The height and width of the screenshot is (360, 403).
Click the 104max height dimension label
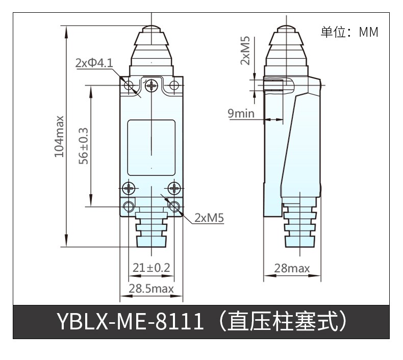pos(59,136)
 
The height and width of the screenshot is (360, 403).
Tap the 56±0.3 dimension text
pos(84,146)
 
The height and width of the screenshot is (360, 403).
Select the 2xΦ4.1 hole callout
pos(94,63)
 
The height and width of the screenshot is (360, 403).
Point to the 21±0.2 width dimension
pos(152,268)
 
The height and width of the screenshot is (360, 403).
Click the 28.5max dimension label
pos(151,289)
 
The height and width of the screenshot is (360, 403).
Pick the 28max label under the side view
pos(292,268)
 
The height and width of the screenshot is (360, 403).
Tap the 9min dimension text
pos(241,113)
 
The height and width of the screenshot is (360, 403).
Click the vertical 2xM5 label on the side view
pos(245,50)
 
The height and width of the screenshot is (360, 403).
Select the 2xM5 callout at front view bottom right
pos(209,218)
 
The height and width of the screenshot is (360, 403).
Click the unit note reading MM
pos(368,32)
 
